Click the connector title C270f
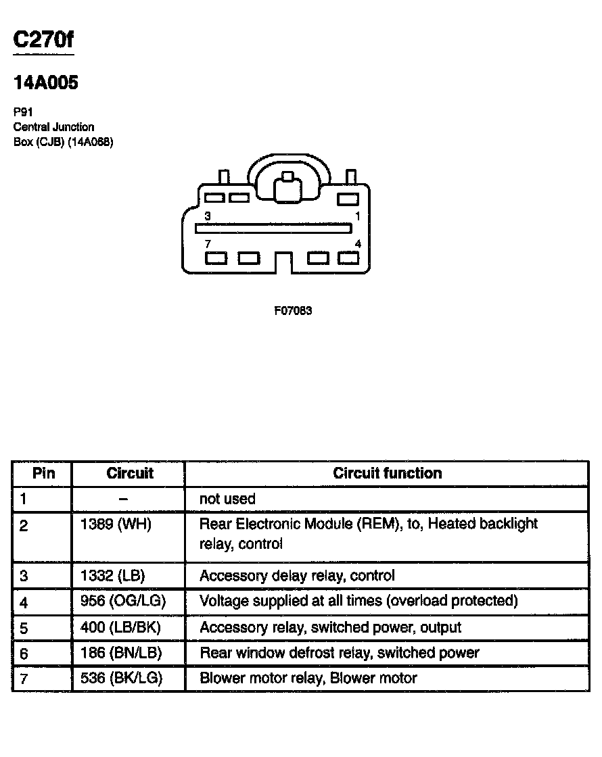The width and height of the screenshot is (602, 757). click(x=43, y=41)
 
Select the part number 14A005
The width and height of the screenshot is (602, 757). click(x=46, y=83)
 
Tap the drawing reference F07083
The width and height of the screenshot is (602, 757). click(x=293, y=311)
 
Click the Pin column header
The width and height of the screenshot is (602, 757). click(x=43, y=473)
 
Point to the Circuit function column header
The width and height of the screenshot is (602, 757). click(x=387, y=473)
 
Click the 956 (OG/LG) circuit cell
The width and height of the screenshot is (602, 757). click(x=118, y=601)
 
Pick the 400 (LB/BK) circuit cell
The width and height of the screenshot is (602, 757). click(x=116, y=627)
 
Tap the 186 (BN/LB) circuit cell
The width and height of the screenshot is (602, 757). click(x=117, y=653)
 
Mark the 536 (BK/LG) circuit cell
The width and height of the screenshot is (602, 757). click(x=117, y=678)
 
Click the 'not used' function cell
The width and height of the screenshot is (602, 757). click(x=227, y=499)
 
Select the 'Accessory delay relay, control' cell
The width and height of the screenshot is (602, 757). click(x=297, y=576)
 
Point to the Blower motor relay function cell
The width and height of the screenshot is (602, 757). click(x=308, y=678)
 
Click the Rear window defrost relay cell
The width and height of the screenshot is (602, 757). click(x=339, y=653)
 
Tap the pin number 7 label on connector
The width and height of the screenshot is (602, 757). click(x=208, y=243)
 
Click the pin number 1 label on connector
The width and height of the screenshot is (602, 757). click(x=358, y=216)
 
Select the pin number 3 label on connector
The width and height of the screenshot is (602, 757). click(x=208, y=216)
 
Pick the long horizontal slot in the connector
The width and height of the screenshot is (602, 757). click(x=275, y=228)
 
